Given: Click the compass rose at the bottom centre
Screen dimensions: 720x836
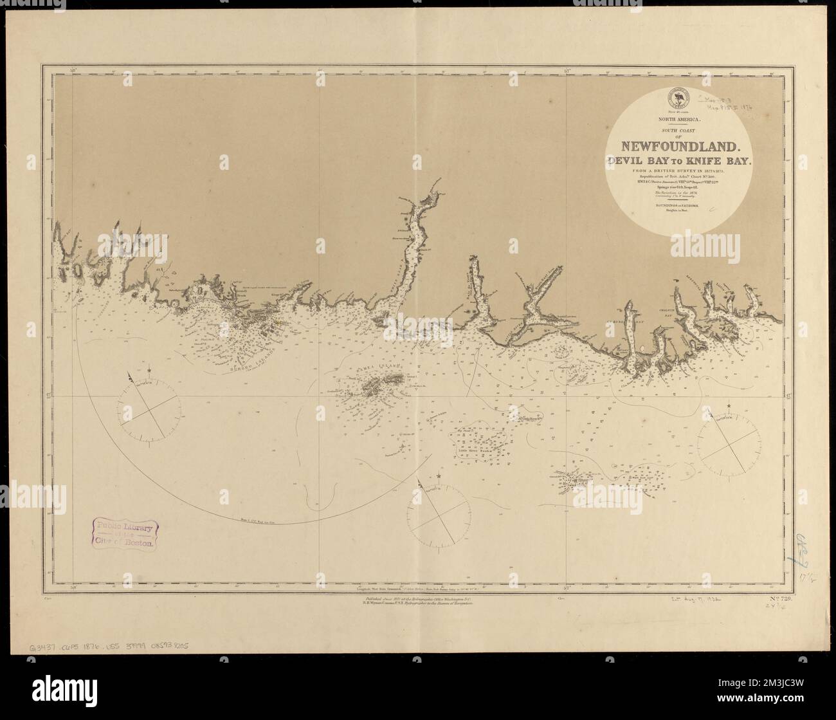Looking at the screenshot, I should click(438, 515).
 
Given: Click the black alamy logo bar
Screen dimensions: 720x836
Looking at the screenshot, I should click(418, 698).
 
